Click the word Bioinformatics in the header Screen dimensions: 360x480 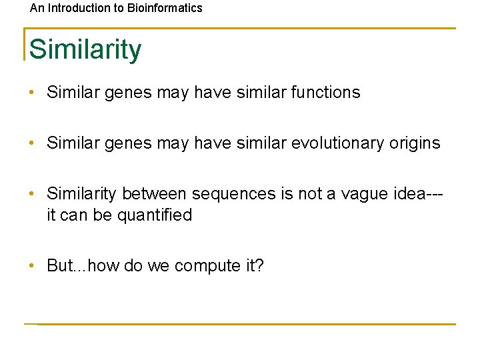point(165,9)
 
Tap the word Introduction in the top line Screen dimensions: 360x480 point(77,9)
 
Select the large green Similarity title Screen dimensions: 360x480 point(85,49)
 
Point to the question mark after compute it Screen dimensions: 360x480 point(260,266)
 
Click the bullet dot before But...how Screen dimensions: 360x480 point(32,266)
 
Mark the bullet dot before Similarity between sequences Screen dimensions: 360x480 point(32,194)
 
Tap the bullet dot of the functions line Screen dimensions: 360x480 point(32,93)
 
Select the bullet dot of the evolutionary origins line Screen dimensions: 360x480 point(32,143)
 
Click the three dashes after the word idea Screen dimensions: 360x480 point(436,194)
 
